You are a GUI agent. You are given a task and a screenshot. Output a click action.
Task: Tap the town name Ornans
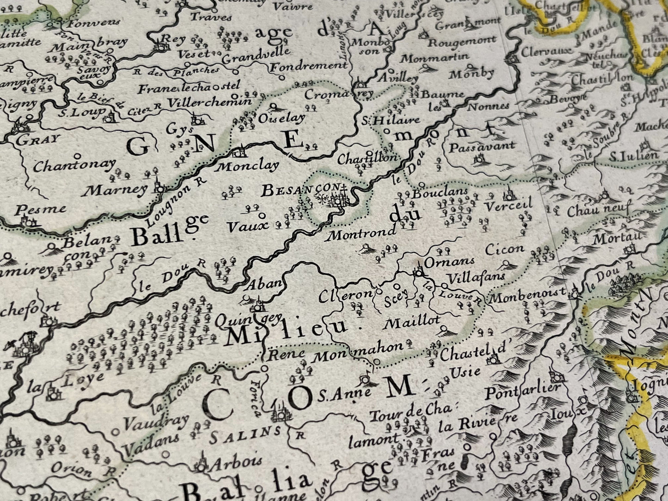(x=442, y=263)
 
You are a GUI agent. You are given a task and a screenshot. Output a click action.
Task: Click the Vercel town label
(x=509, y=204)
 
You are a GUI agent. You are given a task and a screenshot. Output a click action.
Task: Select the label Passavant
(x=482, y=146)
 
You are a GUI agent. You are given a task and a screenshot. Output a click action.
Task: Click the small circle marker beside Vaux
(x=262, y=215)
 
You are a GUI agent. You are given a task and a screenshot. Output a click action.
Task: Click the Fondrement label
(x=308, y=67)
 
